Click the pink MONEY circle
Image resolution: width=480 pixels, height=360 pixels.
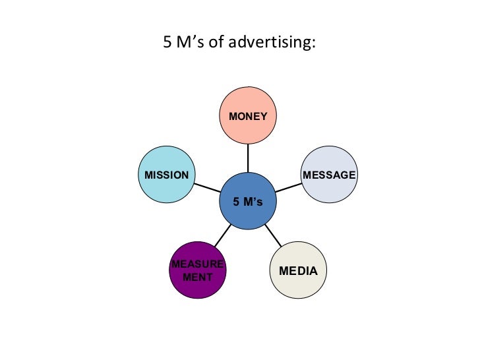pos(248,116)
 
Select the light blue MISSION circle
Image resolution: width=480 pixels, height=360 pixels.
pos(167,175)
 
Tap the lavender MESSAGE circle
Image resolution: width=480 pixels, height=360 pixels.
pos(329,175)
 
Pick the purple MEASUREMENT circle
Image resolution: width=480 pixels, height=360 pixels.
pos(198,271)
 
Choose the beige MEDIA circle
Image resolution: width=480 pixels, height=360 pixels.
pos(298,271)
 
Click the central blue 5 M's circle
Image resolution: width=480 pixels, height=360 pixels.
pos(248,201)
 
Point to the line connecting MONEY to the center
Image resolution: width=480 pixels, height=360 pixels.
pos(248,158)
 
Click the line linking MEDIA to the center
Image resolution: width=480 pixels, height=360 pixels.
pos(272,235)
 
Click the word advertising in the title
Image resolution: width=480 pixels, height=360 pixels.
pos(278,43)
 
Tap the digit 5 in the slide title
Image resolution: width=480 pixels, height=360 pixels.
pos(167,43)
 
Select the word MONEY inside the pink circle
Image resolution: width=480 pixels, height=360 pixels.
pos(248,117)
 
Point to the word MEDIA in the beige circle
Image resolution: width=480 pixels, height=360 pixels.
pos(298,271)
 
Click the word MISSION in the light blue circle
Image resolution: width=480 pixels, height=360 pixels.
pos(167,175)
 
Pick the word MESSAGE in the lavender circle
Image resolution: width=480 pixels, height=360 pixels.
pos(329,175)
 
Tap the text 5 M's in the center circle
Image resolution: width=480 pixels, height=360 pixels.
pos(248,202)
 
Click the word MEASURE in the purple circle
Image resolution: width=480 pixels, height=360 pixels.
pos(198,265)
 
